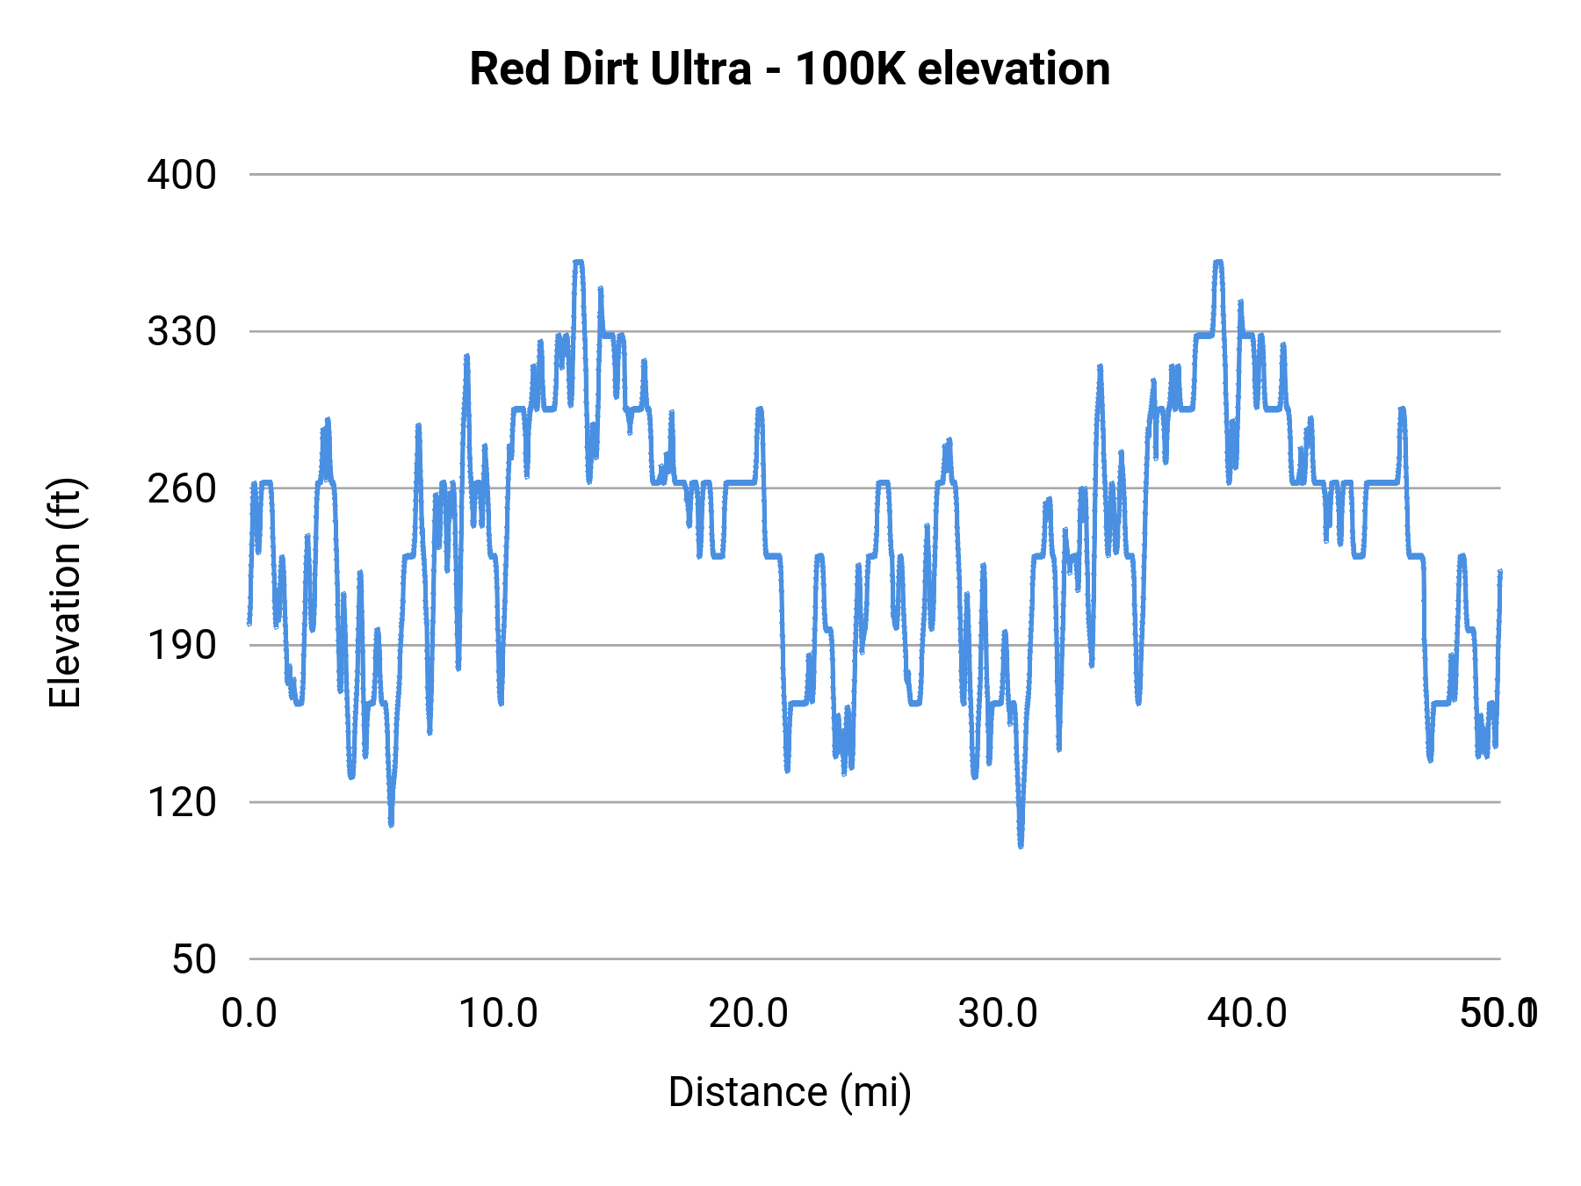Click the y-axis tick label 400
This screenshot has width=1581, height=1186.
click(x=182, y=175)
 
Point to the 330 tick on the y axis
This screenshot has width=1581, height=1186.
click(x=182, y=332)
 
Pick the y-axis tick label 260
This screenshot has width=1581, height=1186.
click(x=182, y=488)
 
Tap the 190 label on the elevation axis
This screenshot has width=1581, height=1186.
click(x=182, y=646)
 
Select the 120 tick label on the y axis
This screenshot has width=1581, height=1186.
click(x=182, y=802)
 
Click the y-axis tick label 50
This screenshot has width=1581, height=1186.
click(x=194, y=959)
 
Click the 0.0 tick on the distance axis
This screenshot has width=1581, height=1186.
click(x=249, y=1014)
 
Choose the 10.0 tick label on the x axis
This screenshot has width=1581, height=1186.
click(x=499, y=1014)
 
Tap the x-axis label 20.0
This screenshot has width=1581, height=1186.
click(x=748, y=1014)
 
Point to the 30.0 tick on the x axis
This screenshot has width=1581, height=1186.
click(x=998, y=1014)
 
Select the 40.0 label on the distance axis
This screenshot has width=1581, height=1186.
click(x=1247, y=1014)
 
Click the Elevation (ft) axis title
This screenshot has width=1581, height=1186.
click(x=65, y=593)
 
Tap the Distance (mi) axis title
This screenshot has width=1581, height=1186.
click(x=790, y=1092)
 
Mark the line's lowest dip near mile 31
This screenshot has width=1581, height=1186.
click(x=1021, y=845)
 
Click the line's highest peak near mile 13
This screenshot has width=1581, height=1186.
click(x=578, y=262)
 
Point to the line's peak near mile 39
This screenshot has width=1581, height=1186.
click(x=1218, y=262)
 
